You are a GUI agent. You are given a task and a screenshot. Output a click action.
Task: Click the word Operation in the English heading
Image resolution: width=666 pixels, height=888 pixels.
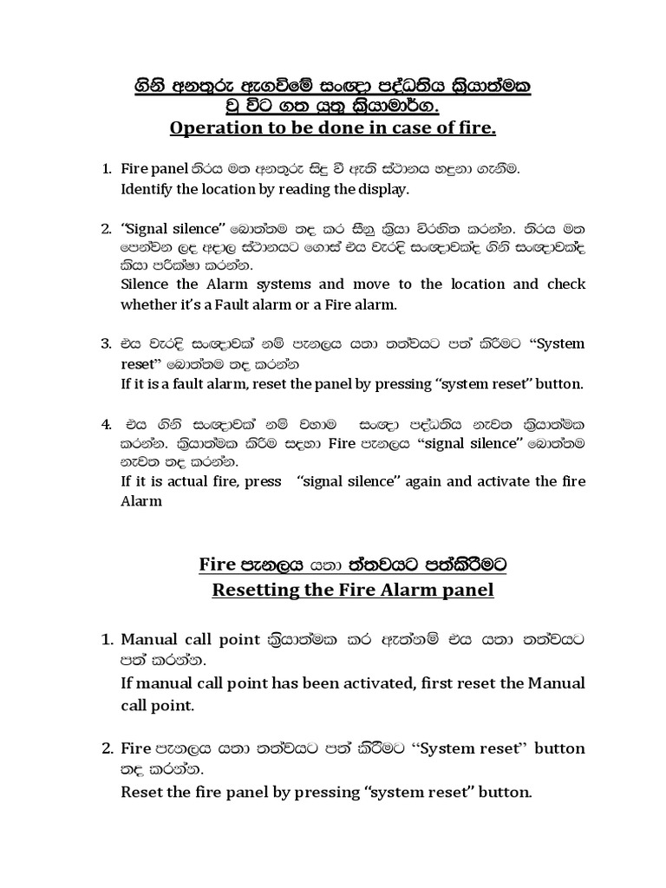click(x=210, y=129)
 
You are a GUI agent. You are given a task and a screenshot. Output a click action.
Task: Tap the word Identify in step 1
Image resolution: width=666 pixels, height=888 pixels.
click(x=147, y=188)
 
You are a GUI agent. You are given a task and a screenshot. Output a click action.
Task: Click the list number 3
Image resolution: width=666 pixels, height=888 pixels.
click(x=108, y=343)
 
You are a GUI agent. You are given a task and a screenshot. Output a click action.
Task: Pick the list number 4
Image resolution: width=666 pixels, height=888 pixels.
click(x=108, y=425)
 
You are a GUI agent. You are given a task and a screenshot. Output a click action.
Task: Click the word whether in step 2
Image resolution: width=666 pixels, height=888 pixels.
click(x=147, y=304)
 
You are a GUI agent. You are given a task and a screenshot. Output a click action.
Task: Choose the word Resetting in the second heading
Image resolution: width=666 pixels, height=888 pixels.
click(x=258, y=591)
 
